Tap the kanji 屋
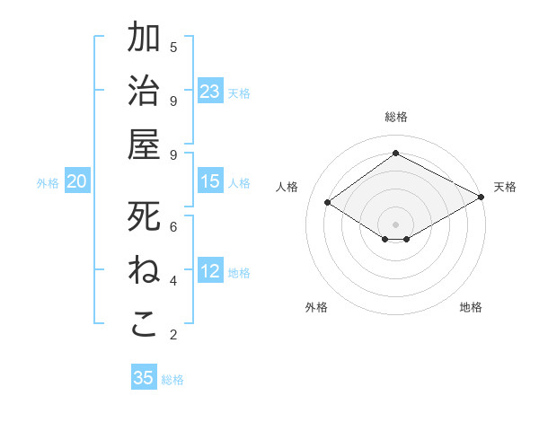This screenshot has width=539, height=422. tap(145, 144)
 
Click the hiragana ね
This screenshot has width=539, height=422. tap(145, 269)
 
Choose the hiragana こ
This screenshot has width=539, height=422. tap(145, 324)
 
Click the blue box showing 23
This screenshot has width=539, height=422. tap(210, 92)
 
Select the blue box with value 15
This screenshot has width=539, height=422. tap(210, 182)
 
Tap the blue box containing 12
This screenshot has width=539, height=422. tap(210, 272)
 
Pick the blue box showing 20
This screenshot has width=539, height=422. tap(77, 182)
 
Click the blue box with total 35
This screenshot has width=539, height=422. tap(144, 378)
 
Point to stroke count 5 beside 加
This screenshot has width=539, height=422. tap(173, 47)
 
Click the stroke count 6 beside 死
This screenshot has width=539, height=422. tap(173, 226)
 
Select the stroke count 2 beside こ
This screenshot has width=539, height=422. tap(173, 335)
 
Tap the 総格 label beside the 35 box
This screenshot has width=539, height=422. tap(172, 380)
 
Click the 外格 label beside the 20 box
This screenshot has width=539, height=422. tap(48, 183)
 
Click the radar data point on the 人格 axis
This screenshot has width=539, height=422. tap(328, 203)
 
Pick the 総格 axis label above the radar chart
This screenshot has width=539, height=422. tap(395, 117)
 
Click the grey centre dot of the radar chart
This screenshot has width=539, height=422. tap(395, 223)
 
